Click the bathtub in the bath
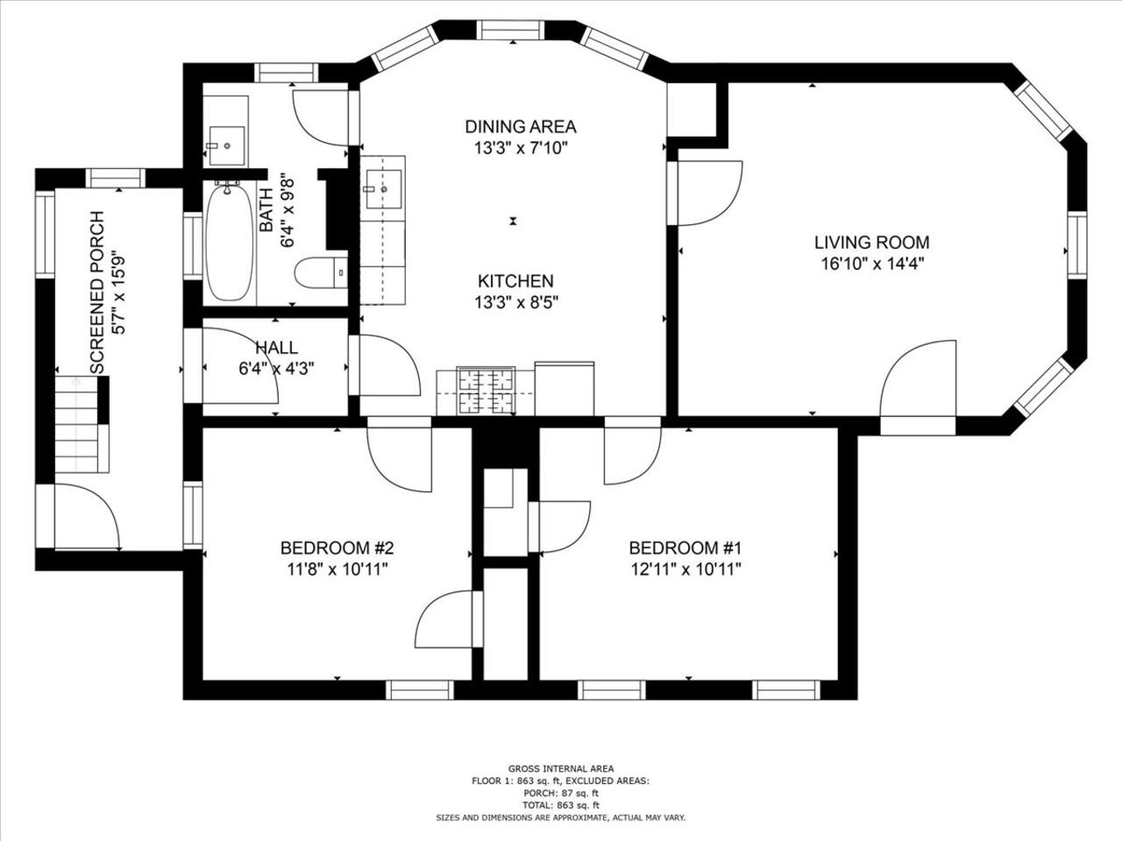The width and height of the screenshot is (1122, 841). [229, 243]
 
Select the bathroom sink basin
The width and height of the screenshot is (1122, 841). [226, 145]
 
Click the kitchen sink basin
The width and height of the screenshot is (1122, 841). [384, 189]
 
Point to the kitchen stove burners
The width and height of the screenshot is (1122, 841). [486, 391]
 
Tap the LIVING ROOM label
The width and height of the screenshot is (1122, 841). [871, 242]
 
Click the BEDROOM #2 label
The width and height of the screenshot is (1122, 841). [337, 548]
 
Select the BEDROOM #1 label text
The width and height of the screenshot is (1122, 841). [685, 548]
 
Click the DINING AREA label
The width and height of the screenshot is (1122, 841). [521, 126]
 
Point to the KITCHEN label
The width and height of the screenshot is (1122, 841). [515, 281]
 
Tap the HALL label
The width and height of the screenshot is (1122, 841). [276, 348]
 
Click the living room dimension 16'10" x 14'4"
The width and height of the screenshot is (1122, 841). [872, 264]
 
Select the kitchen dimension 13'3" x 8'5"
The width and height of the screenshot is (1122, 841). [515, 302]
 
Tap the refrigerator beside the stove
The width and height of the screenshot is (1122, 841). [565, 388]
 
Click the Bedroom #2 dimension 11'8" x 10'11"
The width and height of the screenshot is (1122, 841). [337, 569]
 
